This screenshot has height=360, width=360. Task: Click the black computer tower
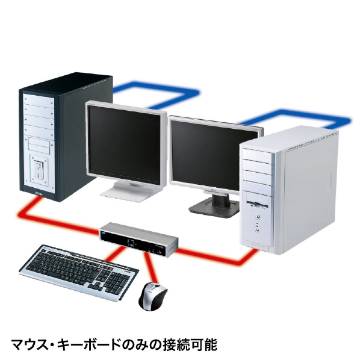pyautogui.click(x=66, y=137)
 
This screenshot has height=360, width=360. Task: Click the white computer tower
pyautogui.click(x=289, y=190)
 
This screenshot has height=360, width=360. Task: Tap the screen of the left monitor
pyautogui.click(x=125, y=144)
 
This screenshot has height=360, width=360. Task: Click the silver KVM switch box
pyautogui.click(x=138, y=239)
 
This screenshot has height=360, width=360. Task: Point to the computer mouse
pyautogui.click(x=153, y=296)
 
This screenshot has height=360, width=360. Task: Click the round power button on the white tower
pyautogui.click(x=257, y=217)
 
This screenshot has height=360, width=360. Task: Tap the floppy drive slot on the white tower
pyautogui.click(x=257, y=203)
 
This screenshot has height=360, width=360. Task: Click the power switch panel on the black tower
pyautogui.click(x=39, y=170)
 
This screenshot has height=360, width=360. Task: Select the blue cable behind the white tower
pyautogui.click(x=296, y=117)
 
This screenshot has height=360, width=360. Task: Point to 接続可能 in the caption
pyautogui.click(x=190, y=344)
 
